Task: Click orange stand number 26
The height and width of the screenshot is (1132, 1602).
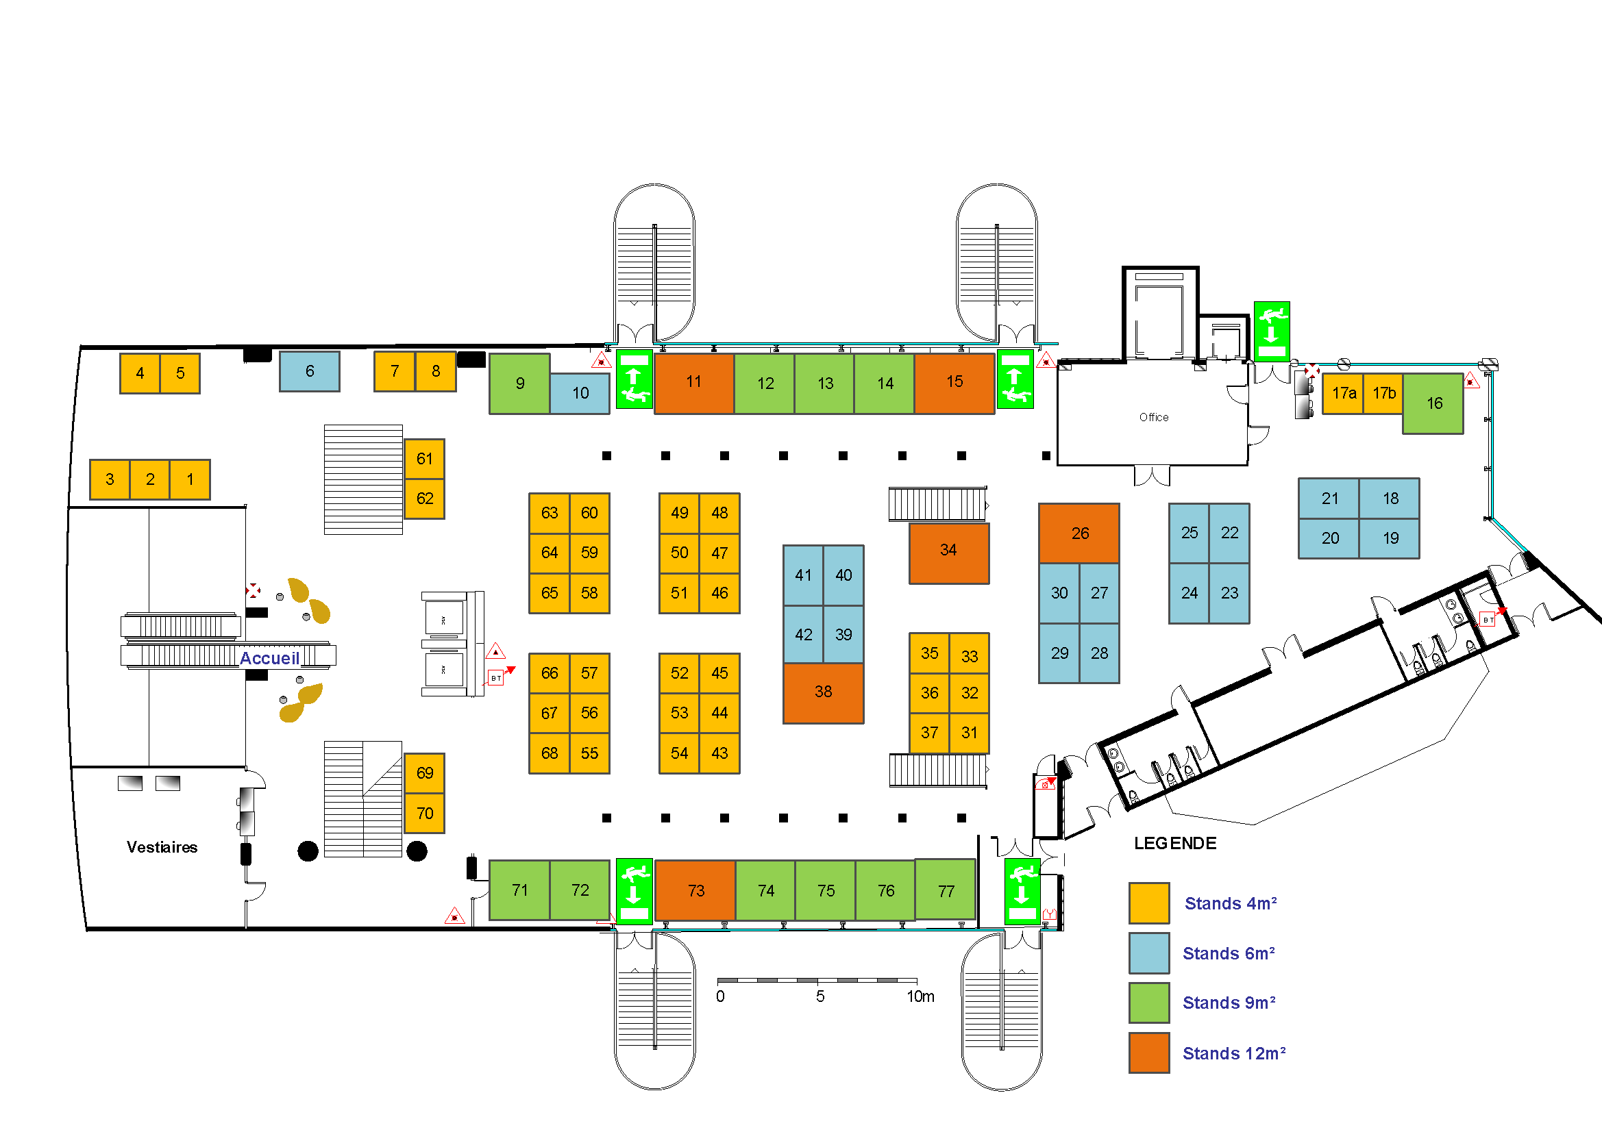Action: point(1079,533)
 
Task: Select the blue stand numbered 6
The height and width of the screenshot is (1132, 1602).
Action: point(309,371)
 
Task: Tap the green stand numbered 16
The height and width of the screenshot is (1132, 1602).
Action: point(1433,403)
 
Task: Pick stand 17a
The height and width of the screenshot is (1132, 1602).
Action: point(1343,393)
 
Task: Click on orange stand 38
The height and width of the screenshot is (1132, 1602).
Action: point(823,692)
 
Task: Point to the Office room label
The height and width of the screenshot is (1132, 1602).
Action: point(1153,417)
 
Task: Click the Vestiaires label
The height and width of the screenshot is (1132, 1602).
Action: point(162,846)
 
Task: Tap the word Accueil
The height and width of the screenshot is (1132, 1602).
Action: point(269,657)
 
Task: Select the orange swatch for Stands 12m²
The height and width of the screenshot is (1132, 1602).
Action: point(1148,1053)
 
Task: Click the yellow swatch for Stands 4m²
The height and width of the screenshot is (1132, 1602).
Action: point(1148,903)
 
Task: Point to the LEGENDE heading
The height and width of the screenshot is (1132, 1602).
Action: point(1175,843)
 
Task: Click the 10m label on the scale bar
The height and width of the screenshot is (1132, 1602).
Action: point(920,996)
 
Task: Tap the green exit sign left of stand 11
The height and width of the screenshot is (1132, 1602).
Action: point(634,379)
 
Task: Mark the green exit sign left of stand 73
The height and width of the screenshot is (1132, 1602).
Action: point(634,892)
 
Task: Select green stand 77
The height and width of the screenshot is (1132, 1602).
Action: point(946,891)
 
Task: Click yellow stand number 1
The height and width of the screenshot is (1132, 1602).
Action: point(190,480)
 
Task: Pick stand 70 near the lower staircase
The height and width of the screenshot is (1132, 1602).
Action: point(424,814)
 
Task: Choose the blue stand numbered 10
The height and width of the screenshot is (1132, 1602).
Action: point(580,393)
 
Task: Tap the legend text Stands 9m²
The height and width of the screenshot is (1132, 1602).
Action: point(1229,1003)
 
